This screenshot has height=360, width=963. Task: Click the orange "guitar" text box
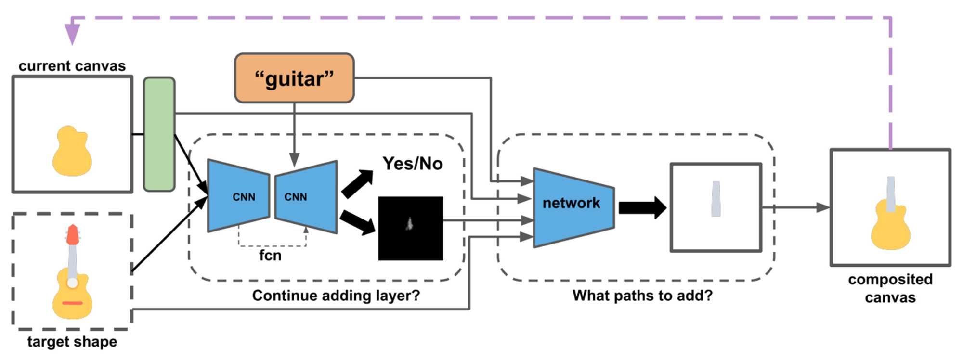294,78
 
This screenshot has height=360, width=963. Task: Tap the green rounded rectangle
159,134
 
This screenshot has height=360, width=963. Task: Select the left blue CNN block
239,196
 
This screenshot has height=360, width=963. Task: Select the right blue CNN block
306,196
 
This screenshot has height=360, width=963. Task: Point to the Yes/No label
413,164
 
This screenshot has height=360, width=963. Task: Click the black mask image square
411,229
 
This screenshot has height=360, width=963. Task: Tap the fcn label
270,255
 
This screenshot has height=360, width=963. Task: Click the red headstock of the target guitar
73,234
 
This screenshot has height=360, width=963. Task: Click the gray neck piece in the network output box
716,199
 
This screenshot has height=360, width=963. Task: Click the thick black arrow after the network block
642,208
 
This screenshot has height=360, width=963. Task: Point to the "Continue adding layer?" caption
336,296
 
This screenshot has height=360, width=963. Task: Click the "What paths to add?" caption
642,296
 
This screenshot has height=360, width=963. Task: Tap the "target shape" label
72,342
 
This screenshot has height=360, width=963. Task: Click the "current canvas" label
72,66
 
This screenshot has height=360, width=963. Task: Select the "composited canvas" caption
890,288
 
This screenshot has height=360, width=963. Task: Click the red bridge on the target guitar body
72,303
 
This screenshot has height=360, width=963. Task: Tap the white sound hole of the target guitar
72,283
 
